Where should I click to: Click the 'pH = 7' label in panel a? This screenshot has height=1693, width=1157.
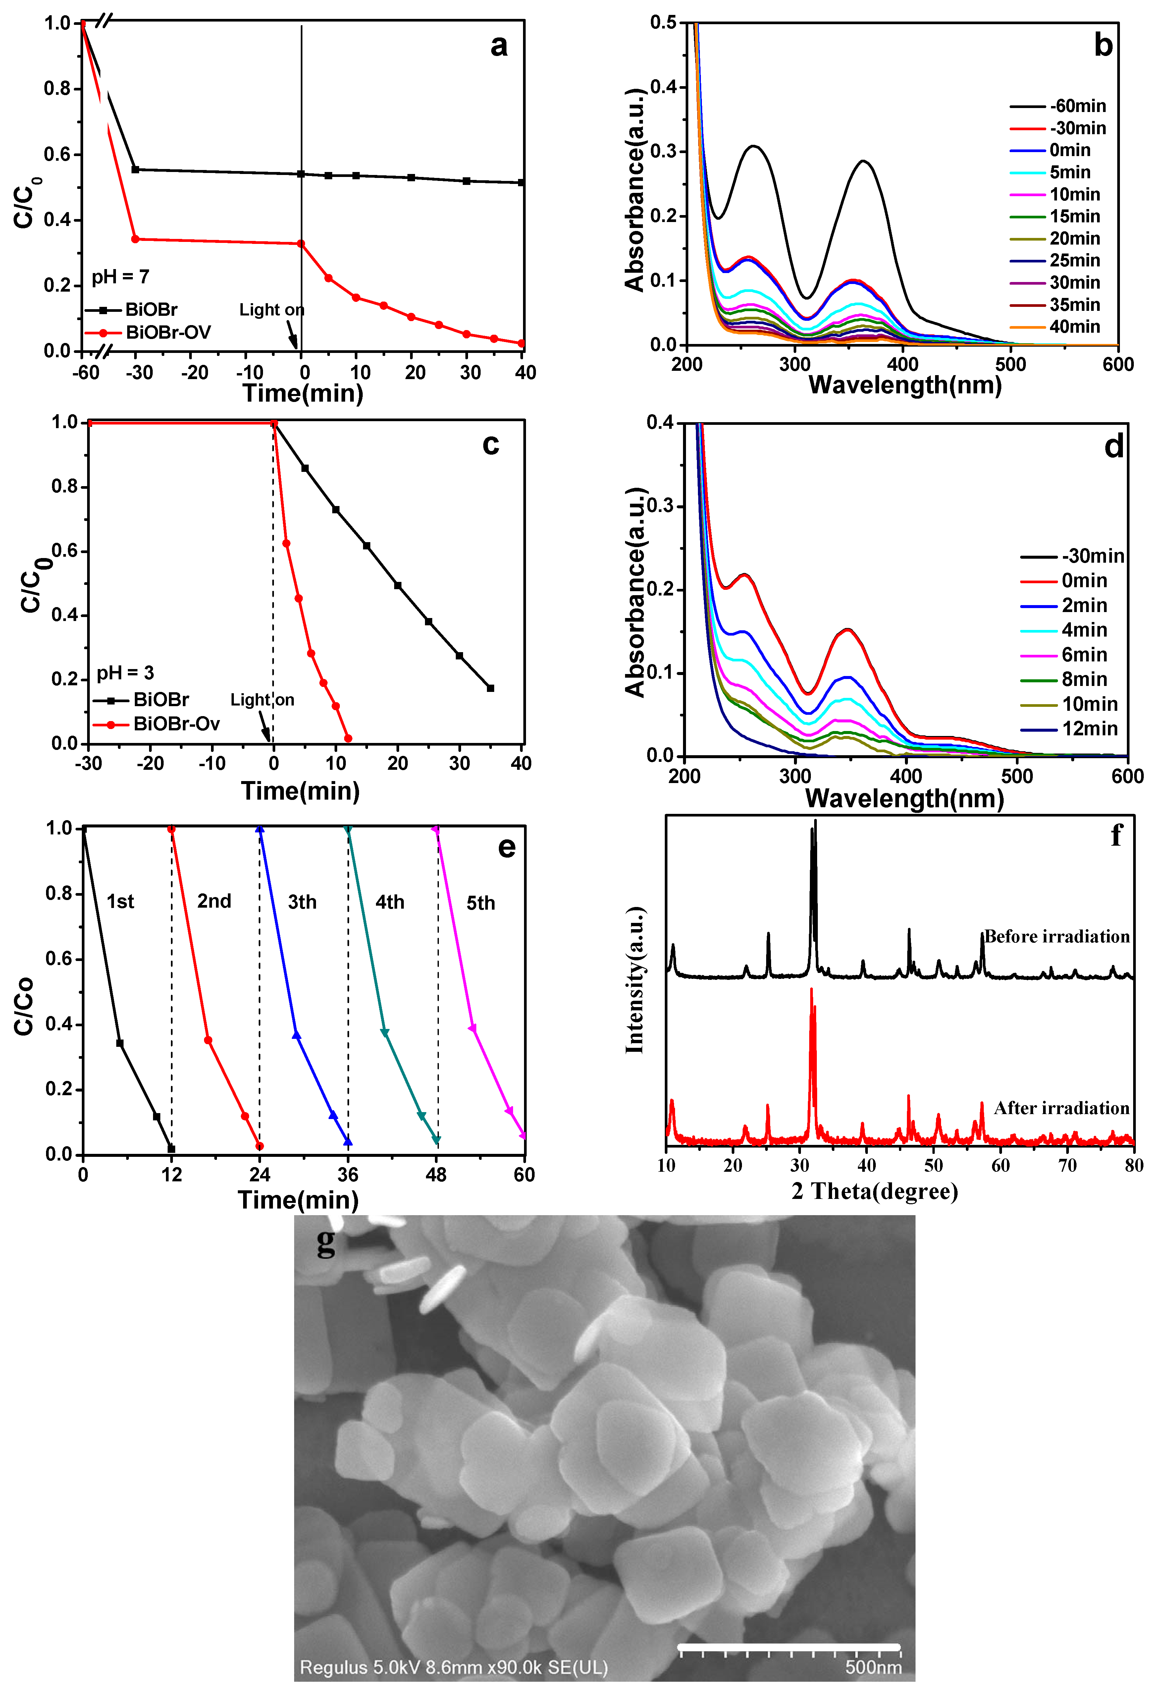click(x=120, y=277)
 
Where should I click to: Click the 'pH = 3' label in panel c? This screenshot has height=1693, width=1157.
click(x=125, y=672)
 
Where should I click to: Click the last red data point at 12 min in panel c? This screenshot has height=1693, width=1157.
click(x=348, y=739)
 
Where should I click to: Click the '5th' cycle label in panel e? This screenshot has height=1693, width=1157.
click(x=481, y=903)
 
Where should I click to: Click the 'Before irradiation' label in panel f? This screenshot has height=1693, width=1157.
click(x=1057, y=937)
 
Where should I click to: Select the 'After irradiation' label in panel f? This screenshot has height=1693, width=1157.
click(x=1062, y=1108)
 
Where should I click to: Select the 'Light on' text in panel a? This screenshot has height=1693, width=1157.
click(x=272, y=310)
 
